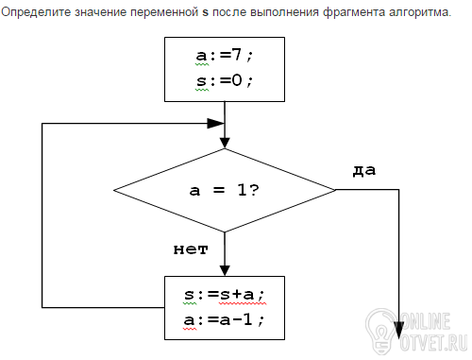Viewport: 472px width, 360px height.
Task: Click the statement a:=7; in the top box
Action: coord(224,56)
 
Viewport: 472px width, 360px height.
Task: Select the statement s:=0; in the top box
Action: coord(224,80)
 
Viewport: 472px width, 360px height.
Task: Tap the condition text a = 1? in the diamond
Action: coord(225,190)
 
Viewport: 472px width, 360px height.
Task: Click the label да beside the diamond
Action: coord(364,170)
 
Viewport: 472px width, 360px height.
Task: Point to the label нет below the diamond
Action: coord(191,249)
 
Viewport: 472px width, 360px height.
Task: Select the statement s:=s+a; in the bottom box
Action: coord(224,295)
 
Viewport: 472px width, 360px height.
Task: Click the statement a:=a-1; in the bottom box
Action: coord(224,320)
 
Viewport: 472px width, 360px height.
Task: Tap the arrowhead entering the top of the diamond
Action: coord(225,143)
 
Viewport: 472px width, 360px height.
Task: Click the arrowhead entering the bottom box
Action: coord(225,271)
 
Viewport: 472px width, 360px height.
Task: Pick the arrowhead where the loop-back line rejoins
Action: coord(216,124)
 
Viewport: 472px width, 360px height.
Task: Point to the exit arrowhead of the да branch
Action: coord(399,331)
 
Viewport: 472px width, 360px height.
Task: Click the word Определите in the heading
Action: coord(36,12)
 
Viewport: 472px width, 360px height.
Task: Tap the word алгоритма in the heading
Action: coord(420,12)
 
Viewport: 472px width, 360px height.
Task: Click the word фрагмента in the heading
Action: coord(354,12)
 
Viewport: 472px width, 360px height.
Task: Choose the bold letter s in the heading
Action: coord(206,13)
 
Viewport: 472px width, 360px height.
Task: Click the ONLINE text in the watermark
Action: coord(426,321)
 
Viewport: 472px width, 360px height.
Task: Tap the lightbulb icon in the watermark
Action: coord(381,331)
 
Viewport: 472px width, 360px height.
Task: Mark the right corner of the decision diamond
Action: coord(336,190)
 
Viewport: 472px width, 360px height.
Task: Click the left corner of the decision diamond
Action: coord(113,190)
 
